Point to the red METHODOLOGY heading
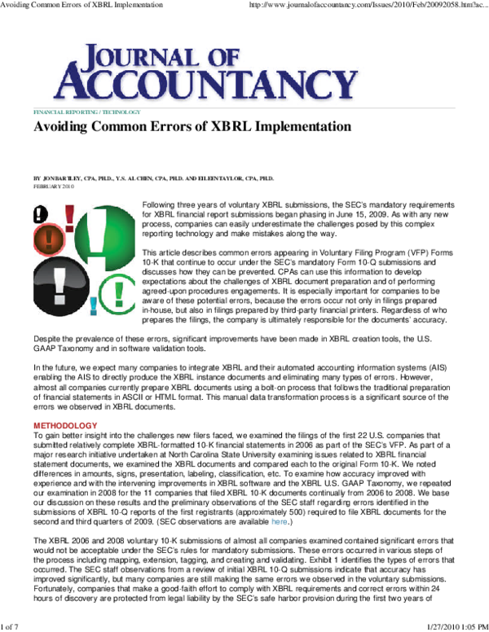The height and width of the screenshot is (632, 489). (x=64, y=426)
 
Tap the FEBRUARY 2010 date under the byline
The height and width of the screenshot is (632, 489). (x=53, y=186)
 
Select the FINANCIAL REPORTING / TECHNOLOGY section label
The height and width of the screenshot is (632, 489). (x=86, y=112)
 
